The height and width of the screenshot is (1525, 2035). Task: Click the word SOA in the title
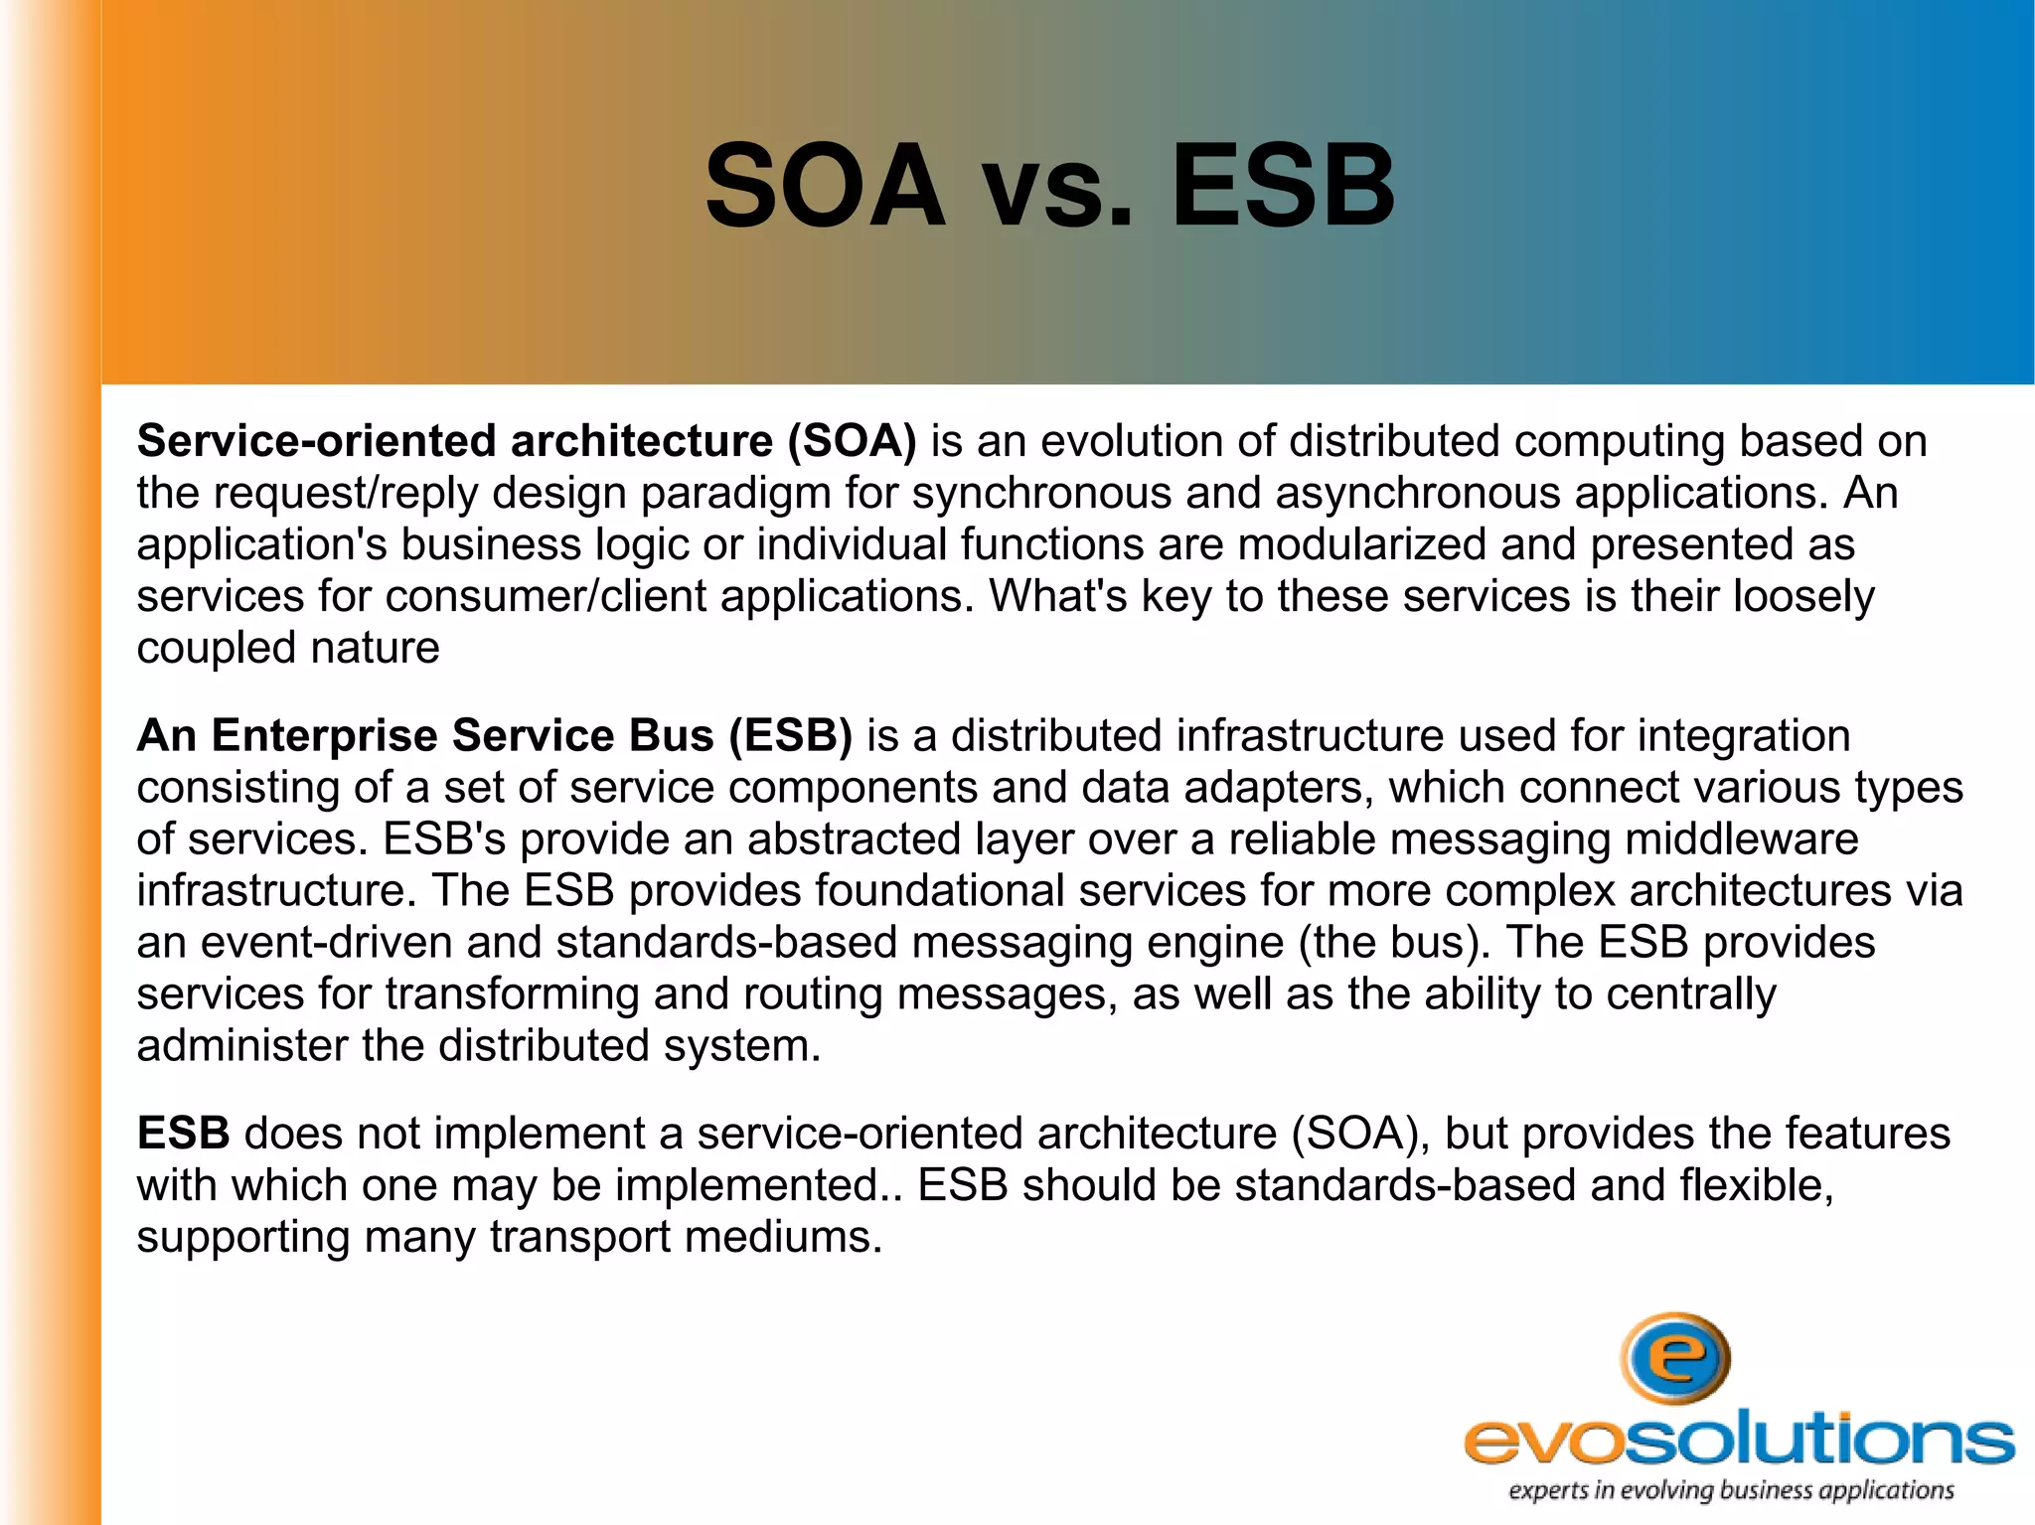[825, 186]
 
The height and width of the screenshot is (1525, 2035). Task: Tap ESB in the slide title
[1283, 186]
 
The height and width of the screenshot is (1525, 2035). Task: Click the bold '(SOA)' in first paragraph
[852, 441]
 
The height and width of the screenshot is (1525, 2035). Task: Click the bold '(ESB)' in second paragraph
[790, 736]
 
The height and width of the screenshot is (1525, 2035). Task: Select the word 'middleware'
[1741, 839]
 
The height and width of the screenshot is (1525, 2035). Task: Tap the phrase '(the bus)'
[1394, 943]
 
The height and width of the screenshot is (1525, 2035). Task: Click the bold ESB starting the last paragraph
[183, 1134]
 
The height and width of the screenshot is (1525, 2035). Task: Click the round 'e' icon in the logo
[1675, 1358]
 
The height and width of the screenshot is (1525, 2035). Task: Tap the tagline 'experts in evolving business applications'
[1731, 1490]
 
